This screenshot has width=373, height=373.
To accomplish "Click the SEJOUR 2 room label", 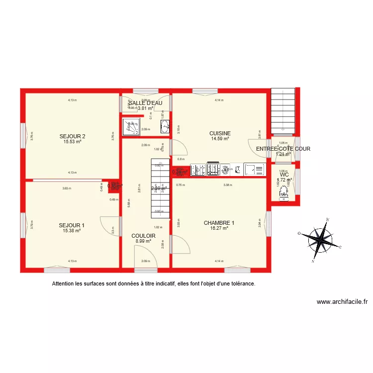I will click(x=72, y=136).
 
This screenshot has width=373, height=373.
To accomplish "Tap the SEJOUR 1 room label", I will click(x=72, y=225).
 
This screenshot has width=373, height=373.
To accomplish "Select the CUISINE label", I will click(x=219, y=133).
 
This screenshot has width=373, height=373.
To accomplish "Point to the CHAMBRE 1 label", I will click(x=219, y=223).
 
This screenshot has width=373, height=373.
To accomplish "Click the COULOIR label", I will click(x=143, y=236).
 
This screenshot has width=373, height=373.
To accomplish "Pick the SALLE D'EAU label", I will click(x=145, y=103).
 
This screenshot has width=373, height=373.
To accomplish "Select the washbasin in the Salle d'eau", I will click(x=165, y=126).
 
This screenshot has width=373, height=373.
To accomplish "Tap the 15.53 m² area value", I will click(x=72, y=142).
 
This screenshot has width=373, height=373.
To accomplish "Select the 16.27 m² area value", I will click(x=219, y=228).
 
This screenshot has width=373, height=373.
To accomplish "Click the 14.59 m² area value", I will click(x=219, y=139).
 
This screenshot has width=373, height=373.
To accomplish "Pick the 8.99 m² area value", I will click(x=143, y=241).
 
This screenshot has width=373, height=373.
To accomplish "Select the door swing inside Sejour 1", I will click(x=110, y=225).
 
